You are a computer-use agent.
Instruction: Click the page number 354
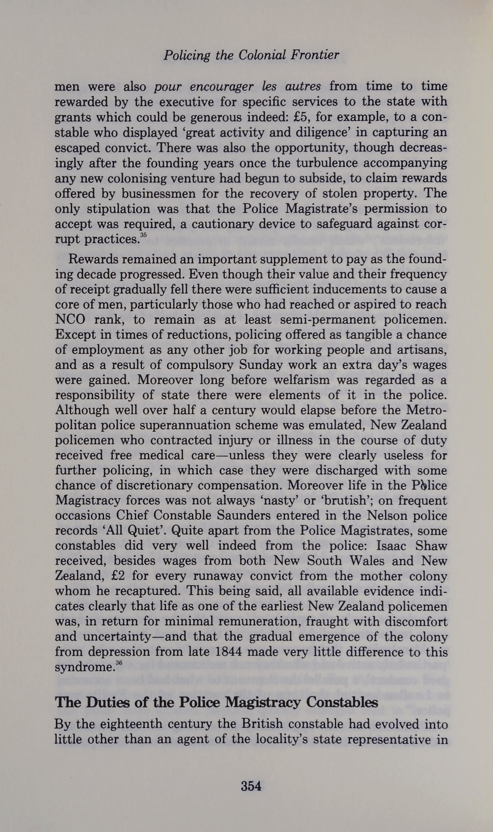(251, 786)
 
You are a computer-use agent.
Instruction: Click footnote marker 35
(143, 235)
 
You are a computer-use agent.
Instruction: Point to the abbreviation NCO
(70, 319)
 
